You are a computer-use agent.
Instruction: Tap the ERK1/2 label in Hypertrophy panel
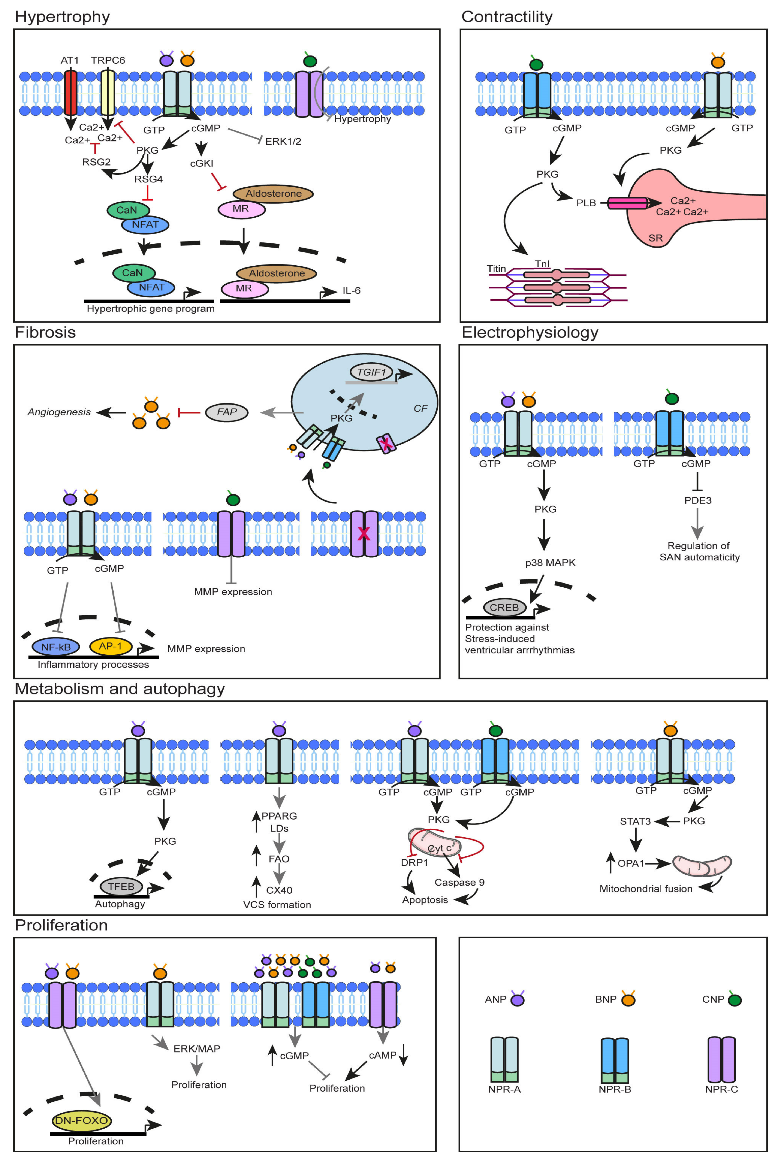click(283, 141)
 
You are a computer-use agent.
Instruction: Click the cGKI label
click(202, 163)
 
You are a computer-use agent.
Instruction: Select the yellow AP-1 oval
click(111, 646)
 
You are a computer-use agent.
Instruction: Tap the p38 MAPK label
click(550, 563)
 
